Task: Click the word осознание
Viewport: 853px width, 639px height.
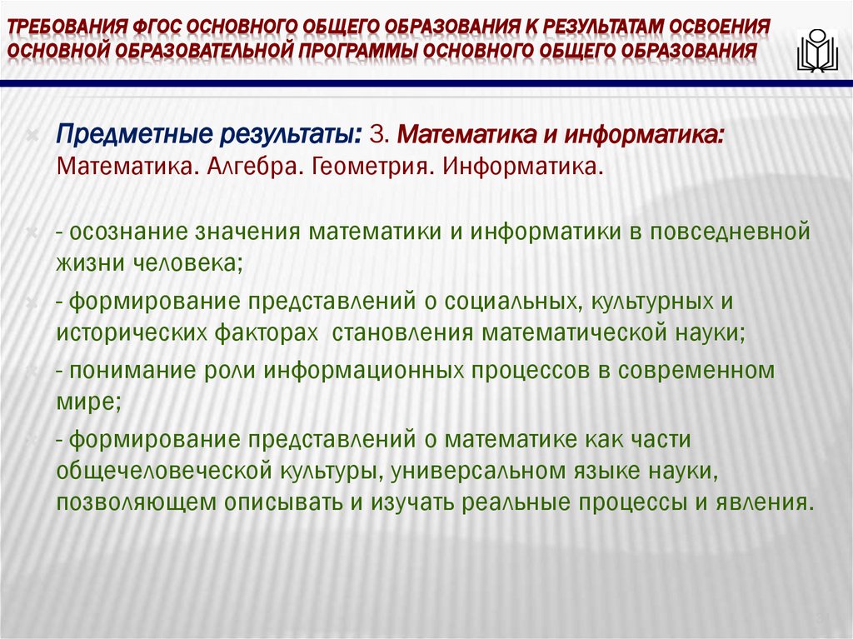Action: click(127, 231)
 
